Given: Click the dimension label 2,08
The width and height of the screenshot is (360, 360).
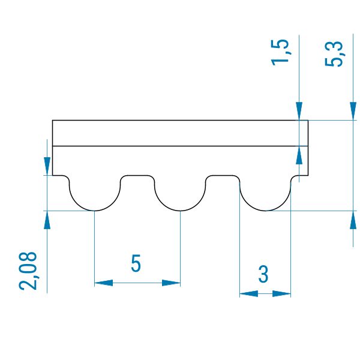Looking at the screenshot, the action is (x=28, y=271).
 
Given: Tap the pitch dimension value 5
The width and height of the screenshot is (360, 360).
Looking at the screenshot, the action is (x=136, y=263).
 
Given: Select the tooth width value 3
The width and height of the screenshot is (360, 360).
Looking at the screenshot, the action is (x=263, y=274).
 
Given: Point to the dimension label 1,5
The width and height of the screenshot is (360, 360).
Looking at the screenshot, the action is (x=280, y=53).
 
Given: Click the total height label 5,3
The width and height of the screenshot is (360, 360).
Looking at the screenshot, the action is (x=334, y=54).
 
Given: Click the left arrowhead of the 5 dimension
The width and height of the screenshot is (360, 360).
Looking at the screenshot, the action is (x=104, y=283).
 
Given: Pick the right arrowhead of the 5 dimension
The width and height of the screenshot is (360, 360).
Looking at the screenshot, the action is (x=171, y=283).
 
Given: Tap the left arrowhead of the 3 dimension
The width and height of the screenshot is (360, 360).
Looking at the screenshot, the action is (x=248, y=293).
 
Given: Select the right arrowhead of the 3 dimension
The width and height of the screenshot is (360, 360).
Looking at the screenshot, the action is (x=282, y=293).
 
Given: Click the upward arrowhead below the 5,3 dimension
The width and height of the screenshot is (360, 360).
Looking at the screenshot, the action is (x=353, y=220).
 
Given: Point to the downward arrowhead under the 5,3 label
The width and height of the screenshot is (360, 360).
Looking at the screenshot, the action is (x=353, y=111).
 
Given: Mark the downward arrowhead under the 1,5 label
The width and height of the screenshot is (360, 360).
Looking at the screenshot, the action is (x=299, y=111).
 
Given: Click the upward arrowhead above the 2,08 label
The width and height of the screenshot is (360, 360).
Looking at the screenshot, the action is (x=47, y=220).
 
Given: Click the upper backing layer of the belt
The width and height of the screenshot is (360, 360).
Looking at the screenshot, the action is (x=180, y=133).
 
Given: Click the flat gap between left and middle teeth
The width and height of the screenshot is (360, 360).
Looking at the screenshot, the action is (x=137, y=176).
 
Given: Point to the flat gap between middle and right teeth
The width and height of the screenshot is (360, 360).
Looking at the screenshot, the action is (x=223, y=176).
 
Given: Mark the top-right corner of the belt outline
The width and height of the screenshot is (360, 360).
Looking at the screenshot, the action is (x=308, y=120).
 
